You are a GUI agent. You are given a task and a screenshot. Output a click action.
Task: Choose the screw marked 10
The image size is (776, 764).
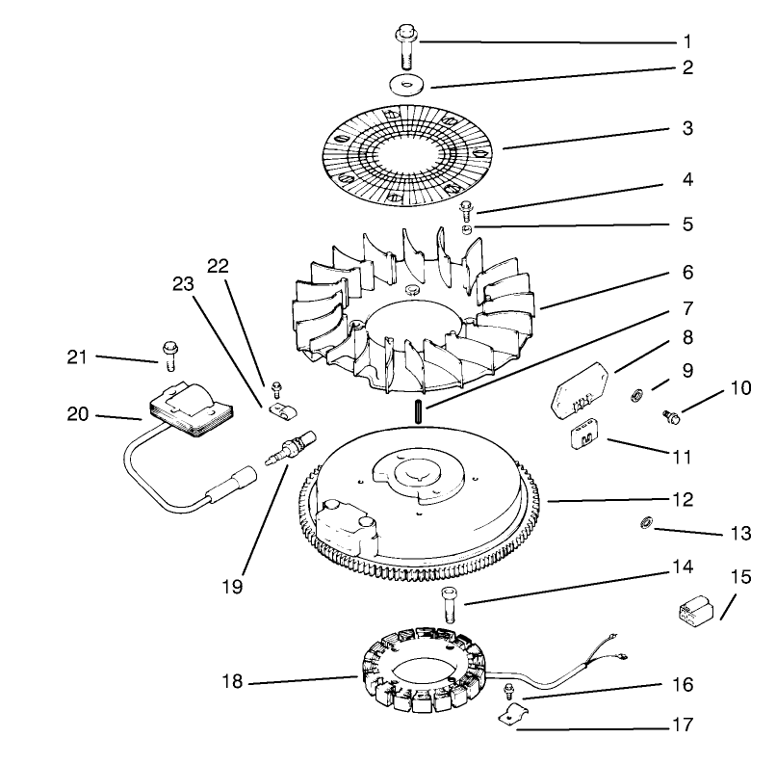[670, 415]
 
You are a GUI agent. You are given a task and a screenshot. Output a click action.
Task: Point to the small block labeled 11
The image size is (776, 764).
[583, 435]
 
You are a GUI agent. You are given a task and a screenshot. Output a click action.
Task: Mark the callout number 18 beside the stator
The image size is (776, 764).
[228, 682]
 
